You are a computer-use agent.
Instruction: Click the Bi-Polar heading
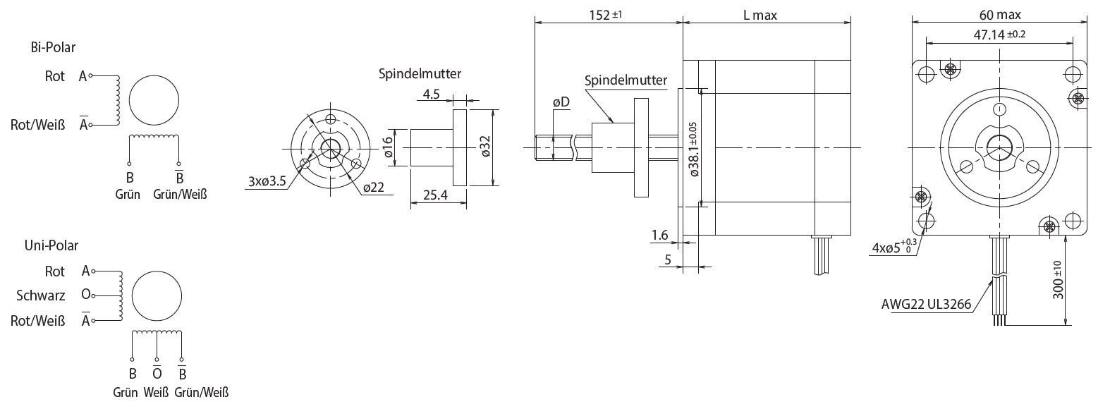[x=53, y=48]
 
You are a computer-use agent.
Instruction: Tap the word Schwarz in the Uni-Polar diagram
[x=41, y=296]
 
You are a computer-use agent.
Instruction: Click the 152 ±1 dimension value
[x=605, y=15]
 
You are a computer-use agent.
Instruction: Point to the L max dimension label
[x=760, y=15]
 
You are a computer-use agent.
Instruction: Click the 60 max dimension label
[x=1000, y=15]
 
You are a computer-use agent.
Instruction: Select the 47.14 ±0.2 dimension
[x=999, y=35]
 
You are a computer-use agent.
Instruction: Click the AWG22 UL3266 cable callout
[x=926, y=305]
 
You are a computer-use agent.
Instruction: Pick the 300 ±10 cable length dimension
[x=1058, y=280]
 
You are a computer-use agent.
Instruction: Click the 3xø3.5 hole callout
[x=267, y=181]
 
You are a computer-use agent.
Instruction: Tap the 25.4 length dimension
[x=435, y=195]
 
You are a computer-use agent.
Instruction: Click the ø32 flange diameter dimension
[x=484, y=147]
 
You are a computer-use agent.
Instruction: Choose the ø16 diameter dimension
[x=388, y=148]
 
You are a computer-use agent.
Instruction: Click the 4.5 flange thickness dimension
[x=431, y=94]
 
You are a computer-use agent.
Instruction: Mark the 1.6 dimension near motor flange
[x=659, y=236]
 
